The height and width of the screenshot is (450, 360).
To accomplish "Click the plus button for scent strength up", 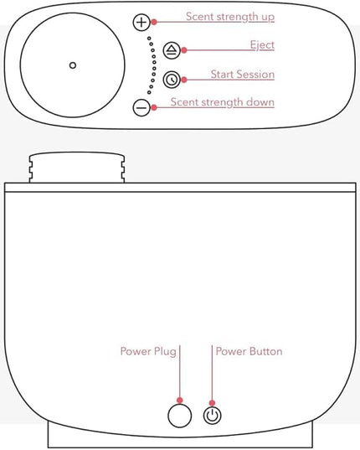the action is tap(141, 22).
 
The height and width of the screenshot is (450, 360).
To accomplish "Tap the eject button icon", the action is tap(172, 50).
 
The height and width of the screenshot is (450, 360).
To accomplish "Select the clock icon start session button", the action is tap(172, 80).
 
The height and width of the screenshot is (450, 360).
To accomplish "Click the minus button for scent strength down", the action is tap(141, 107).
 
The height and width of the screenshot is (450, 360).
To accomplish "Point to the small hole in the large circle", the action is tap(73, 65).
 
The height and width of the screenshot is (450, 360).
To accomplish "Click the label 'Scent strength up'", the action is tap(230, 17).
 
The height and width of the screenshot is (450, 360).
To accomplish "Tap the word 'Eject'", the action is tap(262, 45).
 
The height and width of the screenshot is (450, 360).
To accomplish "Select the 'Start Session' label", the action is tap(243, 75).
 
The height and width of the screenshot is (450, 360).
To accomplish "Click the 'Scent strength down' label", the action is tap(223, 102).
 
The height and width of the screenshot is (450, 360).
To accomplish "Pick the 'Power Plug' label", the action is tap(148, 352).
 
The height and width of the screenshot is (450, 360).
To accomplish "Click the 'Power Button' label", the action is tap(249, 351).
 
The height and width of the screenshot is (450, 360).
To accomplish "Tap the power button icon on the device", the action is tap(213, 416).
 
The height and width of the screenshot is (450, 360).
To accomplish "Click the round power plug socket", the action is tap(180, 416).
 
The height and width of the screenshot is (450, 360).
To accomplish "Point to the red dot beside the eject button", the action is tap(184, 50).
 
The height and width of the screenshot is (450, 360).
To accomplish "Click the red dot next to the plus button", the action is tap(154, 22).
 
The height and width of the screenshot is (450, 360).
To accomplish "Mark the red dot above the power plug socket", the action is tap(180, 400).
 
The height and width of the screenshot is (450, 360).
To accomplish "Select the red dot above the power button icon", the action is tap(212, 403).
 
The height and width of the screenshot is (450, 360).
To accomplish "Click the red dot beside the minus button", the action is tap(154, 107).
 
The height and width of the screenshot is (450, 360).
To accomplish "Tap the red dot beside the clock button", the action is tap(184, 80).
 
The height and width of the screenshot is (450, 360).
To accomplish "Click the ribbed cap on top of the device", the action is tap(77, 168).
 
